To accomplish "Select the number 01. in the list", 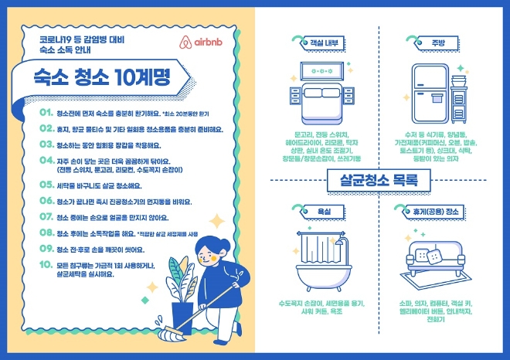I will tap(46, 113).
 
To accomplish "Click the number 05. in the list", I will tap(46, 185).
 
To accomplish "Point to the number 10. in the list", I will tap(46, 264).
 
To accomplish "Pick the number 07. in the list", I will tap(46, 217).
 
